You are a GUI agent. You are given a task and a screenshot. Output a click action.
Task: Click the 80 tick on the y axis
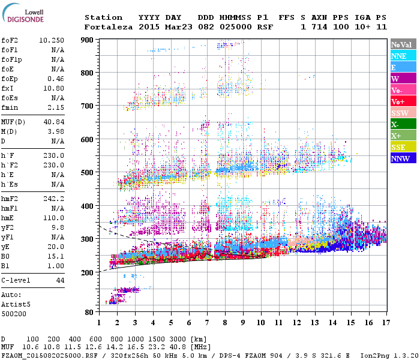point(89,312)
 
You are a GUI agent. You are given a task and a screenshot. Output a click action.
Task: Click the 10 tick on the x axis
point(260,322)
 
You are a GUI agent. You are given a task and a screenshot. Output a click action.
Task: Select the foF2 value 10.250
point(52,40)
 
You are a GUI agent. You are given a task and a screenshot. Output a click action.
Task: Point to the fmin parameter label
point(11,107)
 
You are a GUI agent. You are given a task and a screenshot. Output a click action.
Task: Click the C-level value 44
point(61,281)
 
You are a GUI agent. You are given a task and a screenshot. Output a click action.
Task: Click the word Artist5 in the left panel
point(15,304)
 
